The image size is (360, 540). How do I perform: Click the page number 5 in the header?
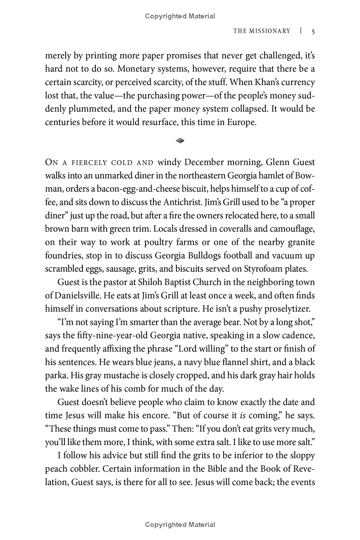(313, 31)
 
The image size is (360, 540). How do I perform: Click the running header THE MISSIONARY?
(261, 31)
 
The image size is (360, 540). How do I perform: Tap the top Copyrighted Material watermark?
(180, 16)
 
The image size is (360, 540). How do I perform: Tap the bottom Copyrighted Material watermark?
(180, 525)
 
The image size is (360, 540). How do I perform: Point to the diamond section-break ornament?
(180, 141)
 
